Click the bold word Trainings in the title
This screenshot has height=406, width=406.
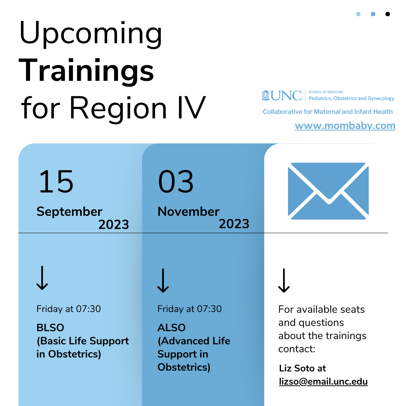coord(86,71)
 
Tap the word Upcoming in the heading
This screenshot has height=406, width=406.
coord(91,34)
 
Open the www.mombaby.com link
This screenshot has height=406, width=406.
coord(345,126)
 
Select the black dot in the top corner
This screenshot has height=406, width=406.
coord(388,14)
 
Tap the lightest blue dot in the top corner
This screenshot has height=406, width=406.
coord(358,14)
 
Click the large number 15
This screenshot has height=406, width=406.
coord(56,182)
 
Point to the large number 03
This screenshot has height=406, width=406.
coord(176,182)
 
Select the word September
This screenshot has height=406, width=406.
coord(70,212)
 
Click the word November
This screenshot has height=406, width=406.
coord(188,212)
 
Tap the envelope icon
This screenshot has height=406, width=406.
coord(328,191)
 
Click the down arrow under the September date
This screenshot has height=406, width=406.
coord(42,278)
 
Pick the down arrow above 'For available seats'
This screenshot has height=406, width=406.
coord(284,281)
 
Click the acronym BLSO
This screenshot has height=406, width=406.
coord(50,328)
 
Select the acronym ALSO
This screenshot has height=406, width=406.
coord(171,328)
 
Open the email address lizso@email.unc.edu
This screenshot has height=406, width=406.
coord(323,382)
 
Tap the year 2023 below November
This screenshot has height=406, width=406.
coord(234,224)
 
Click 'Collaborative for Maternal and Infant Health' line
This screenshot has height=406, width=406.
coord(327,112)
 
